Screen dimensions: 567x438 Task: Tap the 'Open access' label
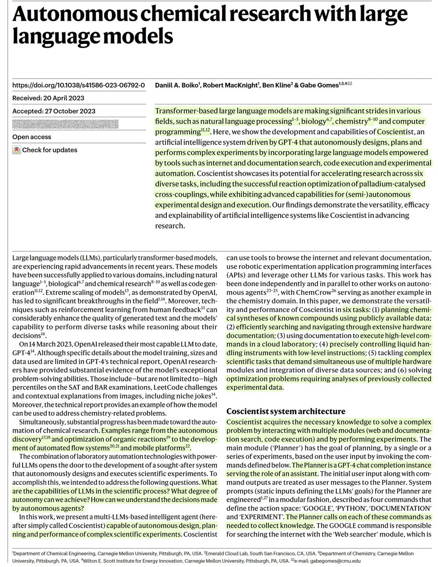pyautogui.click(x=32, y=137)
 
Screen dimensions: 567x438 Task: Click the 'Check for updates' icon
pyautogui.click(x=17, y=150)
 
